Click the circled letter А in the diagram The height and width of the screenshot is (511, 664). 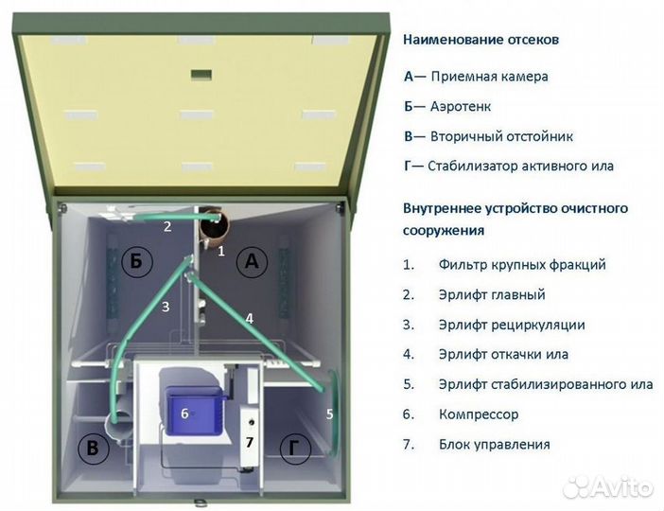(x=251, y=262)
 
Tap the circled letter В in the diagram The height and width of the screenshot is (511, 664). (x=92, y=449)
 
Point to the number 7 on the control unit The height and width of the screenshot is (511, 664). (x=250, y=442)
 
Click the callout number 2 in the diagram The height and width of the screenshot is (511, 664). (x=167, y=226)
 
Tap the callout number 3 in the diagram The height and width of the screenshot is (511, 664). (x=166, y=306)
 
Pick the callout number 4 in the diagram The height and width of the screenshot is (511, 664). (x=249, y=319)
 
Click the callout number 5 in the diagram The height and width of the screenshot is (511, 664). (x=329, y=414)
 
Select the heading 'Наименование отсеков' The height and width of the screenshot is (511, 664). (x=481, y=40)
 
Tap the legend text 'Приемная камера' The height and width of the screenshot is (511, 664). (x=489, y=77)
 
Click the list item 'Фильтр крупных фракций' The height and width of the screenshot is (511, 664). (x=522, y=265)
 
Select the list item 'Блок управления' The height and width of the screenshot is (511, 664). (x=495, y=444)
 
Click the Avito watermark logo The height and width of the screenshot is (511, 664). (x=607, y=486)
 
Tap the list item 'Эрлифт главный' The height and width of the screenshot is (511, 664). (x=492, y=294)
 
